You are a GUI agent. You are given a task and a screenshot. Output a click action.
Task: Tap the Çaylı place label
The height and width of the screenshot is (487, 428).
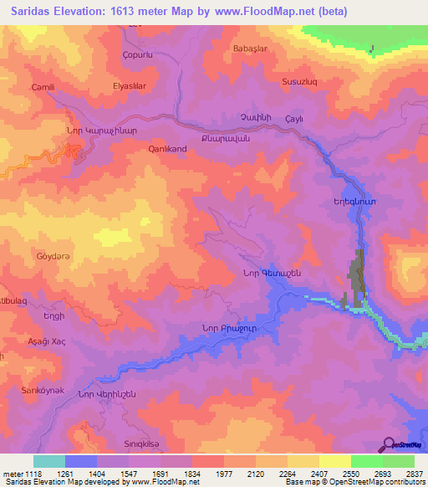point(293,120)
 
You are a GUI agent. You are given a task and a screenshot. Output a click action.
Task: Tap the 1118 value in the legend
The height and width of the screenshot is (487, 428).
point(33,473)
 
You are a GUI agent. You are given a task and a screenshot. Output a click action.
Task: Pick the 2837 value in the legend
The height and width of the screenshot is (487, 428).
point(414,473)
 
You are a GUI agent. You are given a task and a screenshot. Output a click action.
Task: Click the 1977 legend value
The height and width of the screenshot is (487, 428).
point(224,473)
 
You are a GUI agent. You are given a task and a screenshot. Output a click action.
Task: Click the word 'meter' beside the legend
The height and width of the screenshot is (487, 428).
point(13,473)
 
